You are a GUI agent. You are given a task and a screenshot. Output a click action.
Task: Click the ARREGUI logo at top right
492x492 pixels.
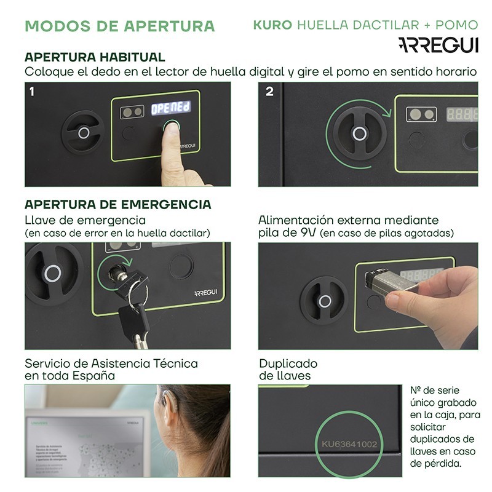point(438,45)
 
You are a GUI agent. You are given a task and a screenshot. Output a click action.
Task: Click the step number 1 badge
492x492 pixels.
point(31,92)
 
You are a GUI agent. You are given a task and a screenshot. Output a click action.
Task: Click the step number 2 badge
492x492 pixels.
point(269,92)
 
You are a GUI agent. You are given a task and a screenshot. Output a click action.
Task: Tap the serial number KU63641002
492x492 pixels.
point(349,443)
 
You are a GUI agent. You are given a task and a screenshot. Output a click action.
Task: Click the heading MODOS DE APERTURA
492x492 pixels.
point(119,26)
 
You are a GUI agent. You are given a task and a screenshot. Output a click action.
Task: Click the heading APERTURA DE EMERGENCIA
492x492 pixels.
point(117,204)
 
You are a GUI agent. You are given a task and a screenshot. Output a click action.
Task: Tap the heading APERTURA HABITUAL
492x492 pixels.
point(95,57)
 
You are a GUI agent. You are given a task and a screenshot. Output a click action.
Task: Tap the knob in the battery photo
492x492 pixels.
point(323,300)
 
